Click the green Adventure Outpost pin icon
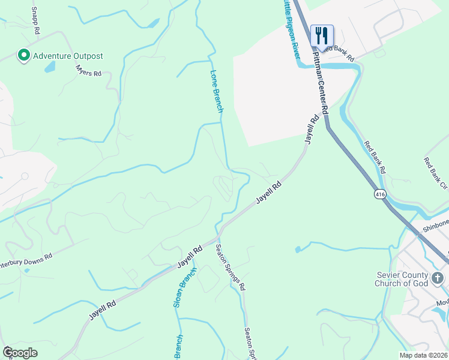24,56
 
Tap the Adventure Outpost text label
68,56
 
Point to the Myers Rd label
89,73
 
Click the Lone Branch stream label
217,92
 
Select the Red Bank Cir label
435,172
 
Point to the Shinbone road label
433,223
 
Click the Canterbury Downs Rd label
26,259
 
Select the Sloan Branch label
184,289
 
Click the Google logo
20,352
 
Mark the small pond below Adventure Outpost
49,67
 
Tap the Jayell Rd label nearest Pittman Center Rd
309,129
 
